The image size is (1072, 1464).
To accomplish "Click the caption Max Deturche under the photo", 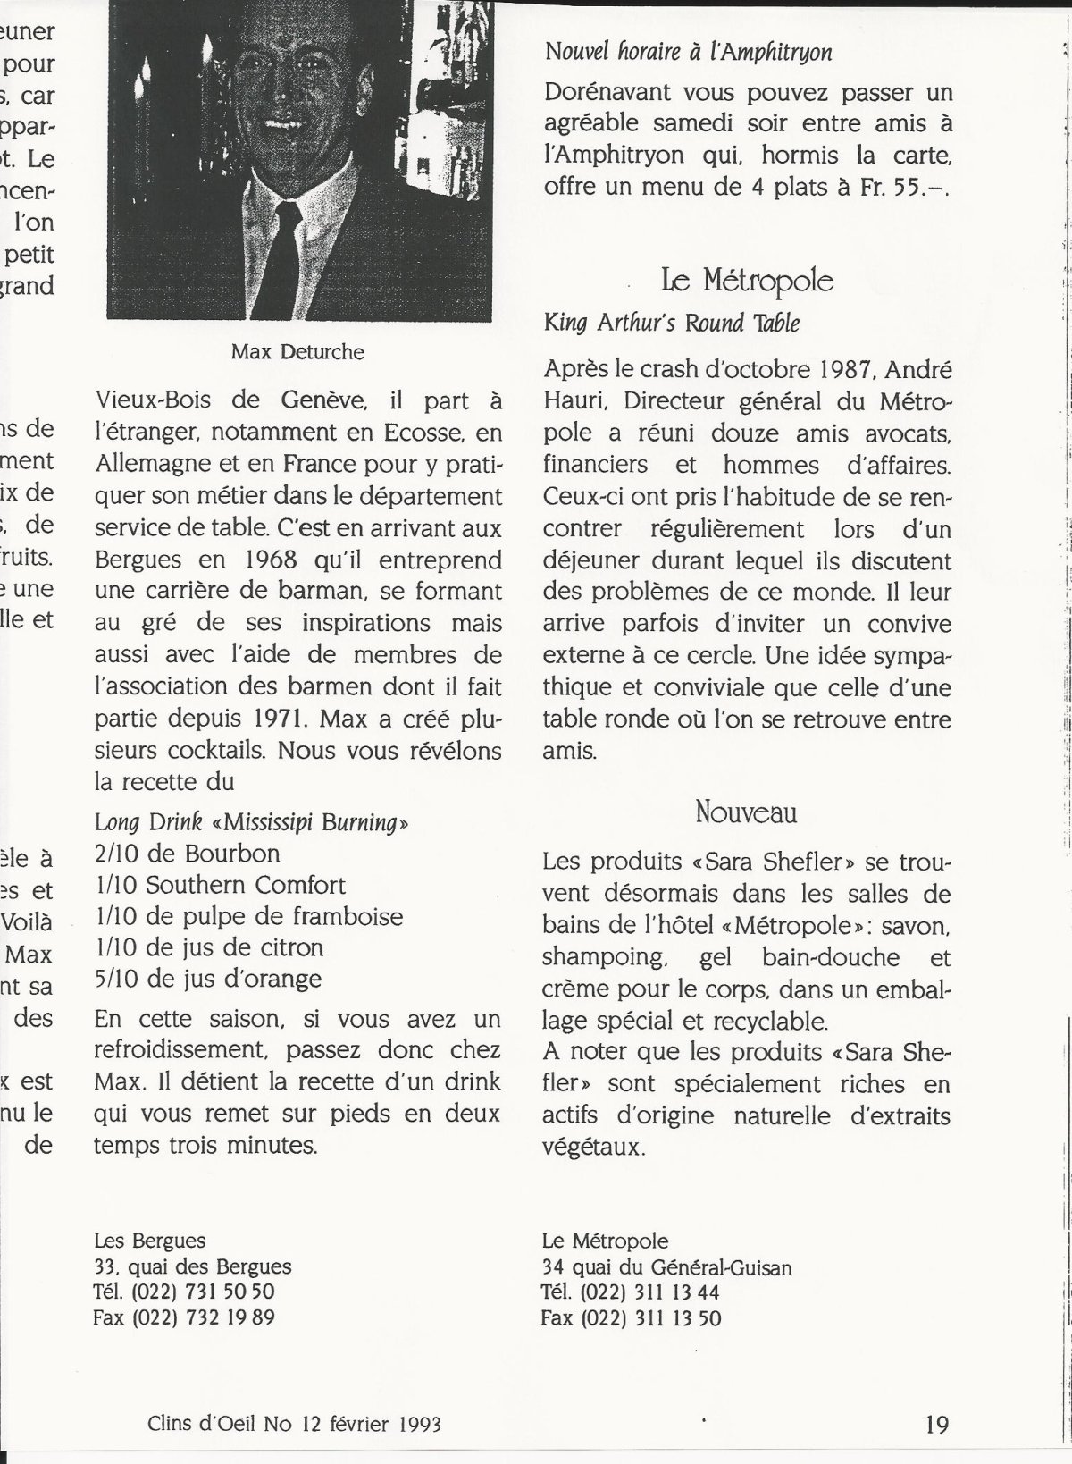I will (x=297, y=352).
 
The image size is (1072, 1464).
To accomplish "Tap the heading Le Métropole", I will (x=747, y=282).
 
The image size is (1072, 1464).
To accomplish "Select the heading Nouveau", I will (x=746, y=812).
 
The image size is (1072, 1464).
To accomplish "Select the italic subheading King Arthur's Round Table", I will (x=672, y=323).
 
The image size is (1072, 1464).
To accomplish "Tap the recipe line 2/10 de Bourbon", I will (x=188, y=854).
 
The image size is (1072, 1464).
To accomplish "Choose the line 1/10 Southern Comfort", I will (x=220, y=885).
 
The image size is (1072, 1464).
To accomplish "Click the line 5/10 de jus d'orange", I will (x=208, y=979).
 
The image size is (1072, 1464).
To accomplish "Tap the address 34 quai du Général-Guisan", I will (x=666, y=1267).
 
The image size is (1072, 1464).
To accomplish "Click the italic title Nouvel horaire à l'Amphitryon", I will (x=688, y=53).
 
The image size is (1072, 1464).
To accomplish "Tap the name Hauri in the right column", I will (x=573, y=402).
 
